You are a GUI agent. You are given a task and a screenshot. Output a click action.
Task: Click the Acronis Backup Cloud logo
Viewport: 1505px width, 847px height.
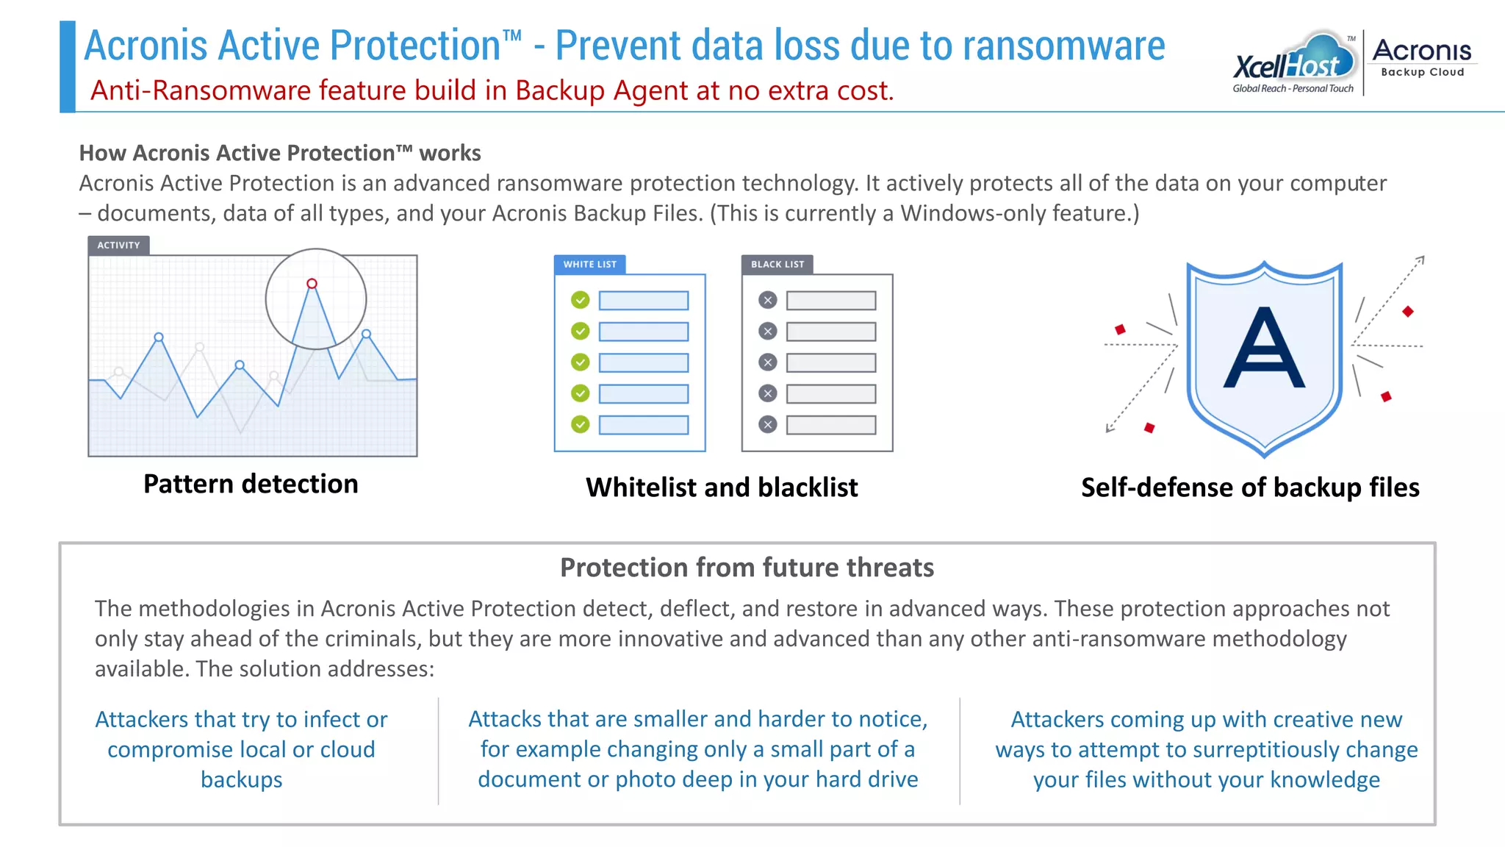(x=1422, y=57)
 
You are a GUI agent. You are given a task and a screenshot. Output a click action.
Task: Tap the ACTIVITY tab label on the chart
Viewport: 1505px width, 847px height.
(x=118, y=246)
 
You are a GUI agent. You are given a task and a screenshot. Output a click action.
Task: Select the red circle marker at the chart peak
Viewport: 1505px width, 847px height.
(x=312, y=284)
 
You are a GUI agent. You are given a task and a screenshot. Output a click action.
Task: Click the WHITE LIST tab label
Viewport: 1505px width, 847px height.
(x=590, y=265)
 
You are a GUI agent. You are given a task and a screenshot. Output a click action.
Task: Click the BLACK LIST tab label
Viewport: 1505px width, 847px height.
(x=777, y=265)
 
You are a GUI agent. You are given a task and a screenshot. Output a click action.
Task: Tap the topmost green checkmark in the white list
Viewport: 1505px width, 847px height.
(x=581, y=300)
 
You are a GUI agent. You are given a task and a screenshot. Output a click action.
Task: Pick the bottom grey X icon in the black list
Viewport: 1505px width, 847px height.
(x=768, y=424)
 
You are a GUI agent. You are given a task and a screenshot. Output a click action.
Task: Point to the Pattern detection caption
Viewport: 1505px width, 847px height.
(x=251, y=485)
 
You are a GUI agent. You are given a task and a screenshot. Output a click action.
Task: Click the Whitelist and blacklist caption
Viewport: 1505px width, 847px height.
(x=722, y=487)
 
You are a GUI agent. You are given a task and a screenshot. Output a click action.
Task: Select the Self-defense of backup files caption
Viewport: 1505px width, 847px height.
(x=1250, y=487)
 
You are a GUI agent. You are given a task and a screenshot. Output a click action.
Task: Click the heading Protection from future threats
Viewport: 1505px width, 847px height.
(x=747, y=568)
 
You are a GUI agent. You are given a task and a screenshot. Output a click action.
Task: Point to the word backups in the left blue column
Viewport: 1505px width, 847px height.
(x=241, y=779)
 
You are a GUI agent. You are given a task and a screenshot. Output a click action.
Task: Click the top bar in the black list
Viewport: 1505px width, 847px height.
(x=831, y=300)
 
